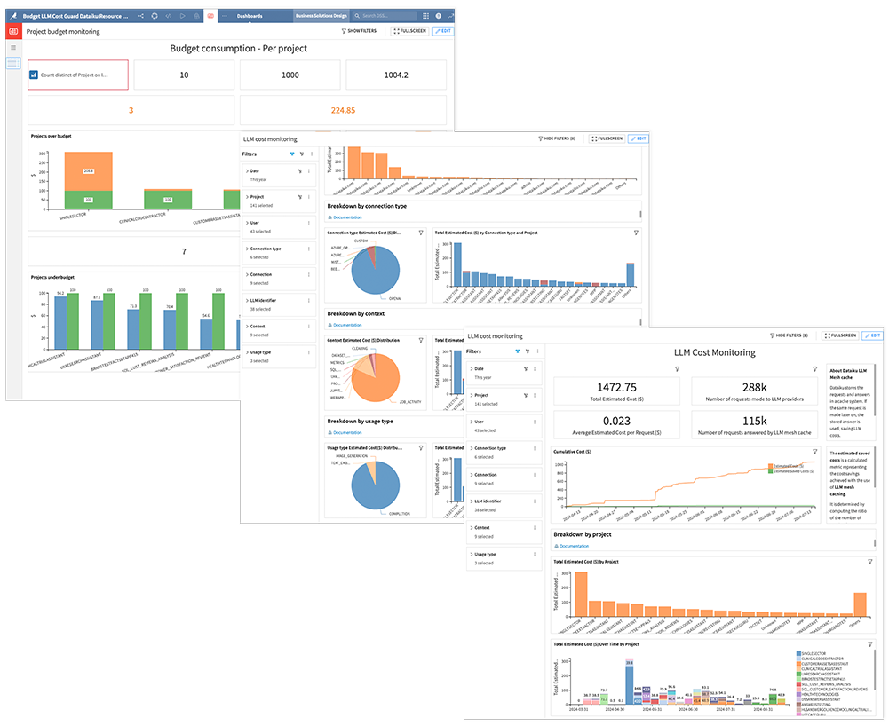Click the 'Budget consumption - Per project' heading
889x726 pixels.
(x=238, y=48)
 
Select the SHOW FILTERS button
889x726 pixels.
(x=360, y=31)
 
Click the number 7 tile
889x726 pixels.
(x=184, y=251)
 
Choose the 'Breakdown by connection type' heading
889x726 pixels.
(x=367, y=206)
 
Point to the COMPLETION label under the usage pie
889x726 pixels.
(x=400, y=513)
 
